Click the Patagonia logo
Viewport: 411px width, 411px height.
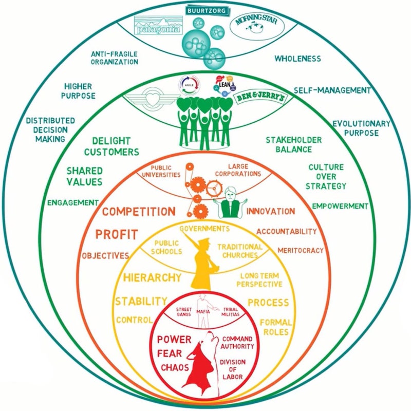point(158,26)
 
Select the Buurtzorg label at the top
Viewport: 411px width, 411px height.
point(206,9)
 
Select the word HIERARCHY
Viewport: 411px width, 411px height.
point(153,278)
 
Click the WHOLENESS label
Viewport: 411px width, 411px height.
point(297,59)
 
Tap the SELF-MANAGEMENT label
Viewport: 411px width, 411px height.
point(332,90)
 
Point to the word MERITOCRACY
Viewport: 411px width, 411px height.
point(301,250)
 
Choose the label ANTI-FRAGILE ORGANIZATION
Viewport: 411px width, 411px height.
point(115,58)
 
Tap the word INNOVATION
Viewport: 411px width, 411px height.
point(271,211)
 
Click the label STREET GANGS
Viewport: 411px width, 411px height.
point(184,311)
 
